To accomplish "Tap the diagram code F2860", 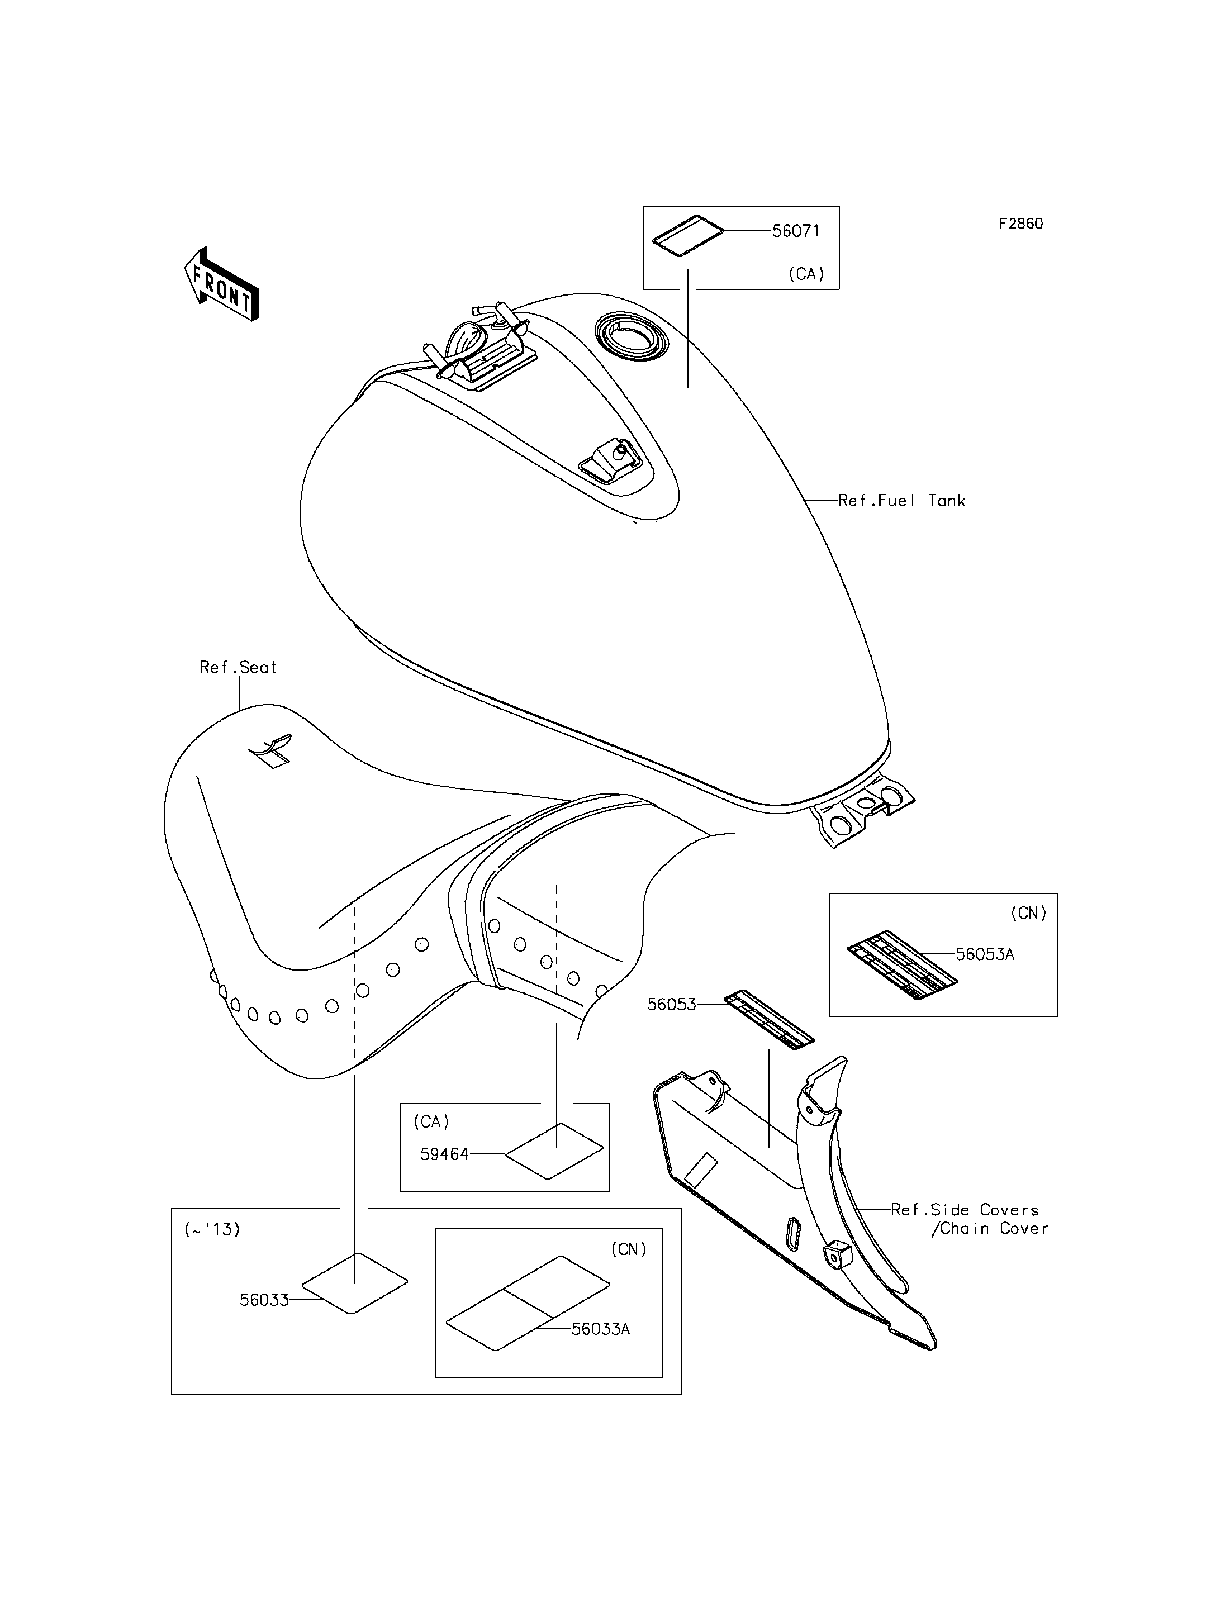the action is coord(1021,224).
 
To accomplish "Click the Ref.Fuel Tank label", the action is coord(902,500).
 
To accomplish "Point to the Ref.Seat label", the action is coord(239,667).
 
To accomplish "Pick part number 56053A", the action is coord(985,954).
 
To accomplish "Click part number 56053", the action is coord(672,1005).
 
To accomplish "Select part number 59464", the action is coord(444,1154).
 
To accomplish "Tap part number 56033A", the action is coord(600,1329).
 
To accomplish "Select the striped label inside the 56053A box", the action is coord(902,966).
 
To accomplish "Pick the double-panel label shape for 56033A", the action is coord(528,1303).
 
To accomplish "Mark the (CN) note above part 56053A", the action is coord(1028,913).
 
